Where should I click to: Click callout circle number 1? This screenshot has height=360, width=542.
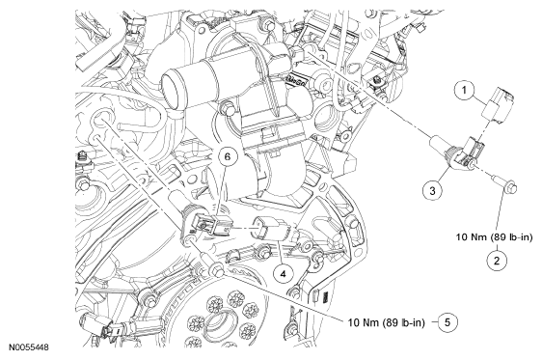tap(464, 90)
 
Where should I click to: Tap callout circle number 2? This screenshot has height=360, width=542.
tap(497, 261)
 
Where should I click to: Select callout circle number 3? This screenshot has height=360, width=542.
tap(432, 190)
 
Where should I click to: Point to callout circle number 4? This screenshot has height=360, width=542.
tap(283, 274)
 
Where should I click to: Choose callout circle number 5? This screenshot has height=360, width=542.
tap(447, 322)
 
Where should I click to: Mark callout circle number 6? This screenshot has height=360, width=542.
tap(228, 156)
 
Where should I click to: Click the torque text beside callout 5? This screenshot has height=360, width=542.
tap(386, 322)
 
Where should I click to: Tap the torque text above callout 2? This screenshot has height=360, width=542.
tap(495, 237)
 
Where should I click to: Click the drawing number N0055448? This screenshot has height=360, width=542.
tap(29, 346)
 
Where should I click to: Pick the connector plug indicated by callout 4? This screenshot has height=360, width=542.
tap(272, 229)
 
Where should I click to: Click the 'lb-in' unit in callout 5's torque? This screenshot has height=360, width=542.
tap(414, 322)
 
